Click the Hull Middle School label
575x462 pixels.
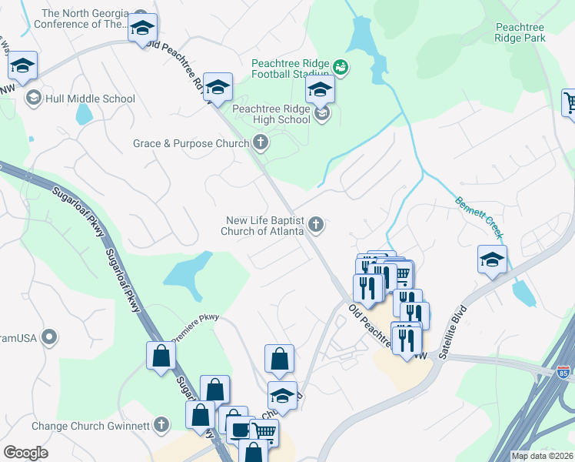[x=91, y=99]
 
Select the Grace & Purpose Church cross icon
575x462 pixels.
[x=261, y=142]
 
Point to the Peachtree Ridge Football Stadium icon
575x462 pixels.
[x=341, y=69]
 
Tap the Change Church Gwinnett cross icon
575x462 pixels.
[x=161, y=425]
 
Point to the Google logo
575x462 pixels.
[x=25, y=453]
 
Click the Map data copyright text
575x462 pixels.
[x=542, y=456]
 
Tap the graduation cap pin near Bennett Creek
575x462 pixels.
[x=492, y=259]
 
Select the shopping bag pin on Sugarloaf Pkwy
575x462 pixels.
[x=161, y=355]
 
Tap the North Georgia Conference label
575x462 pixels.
[x=85, y=18]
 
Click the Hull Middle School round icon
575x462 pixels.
[x=34, y=98]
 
